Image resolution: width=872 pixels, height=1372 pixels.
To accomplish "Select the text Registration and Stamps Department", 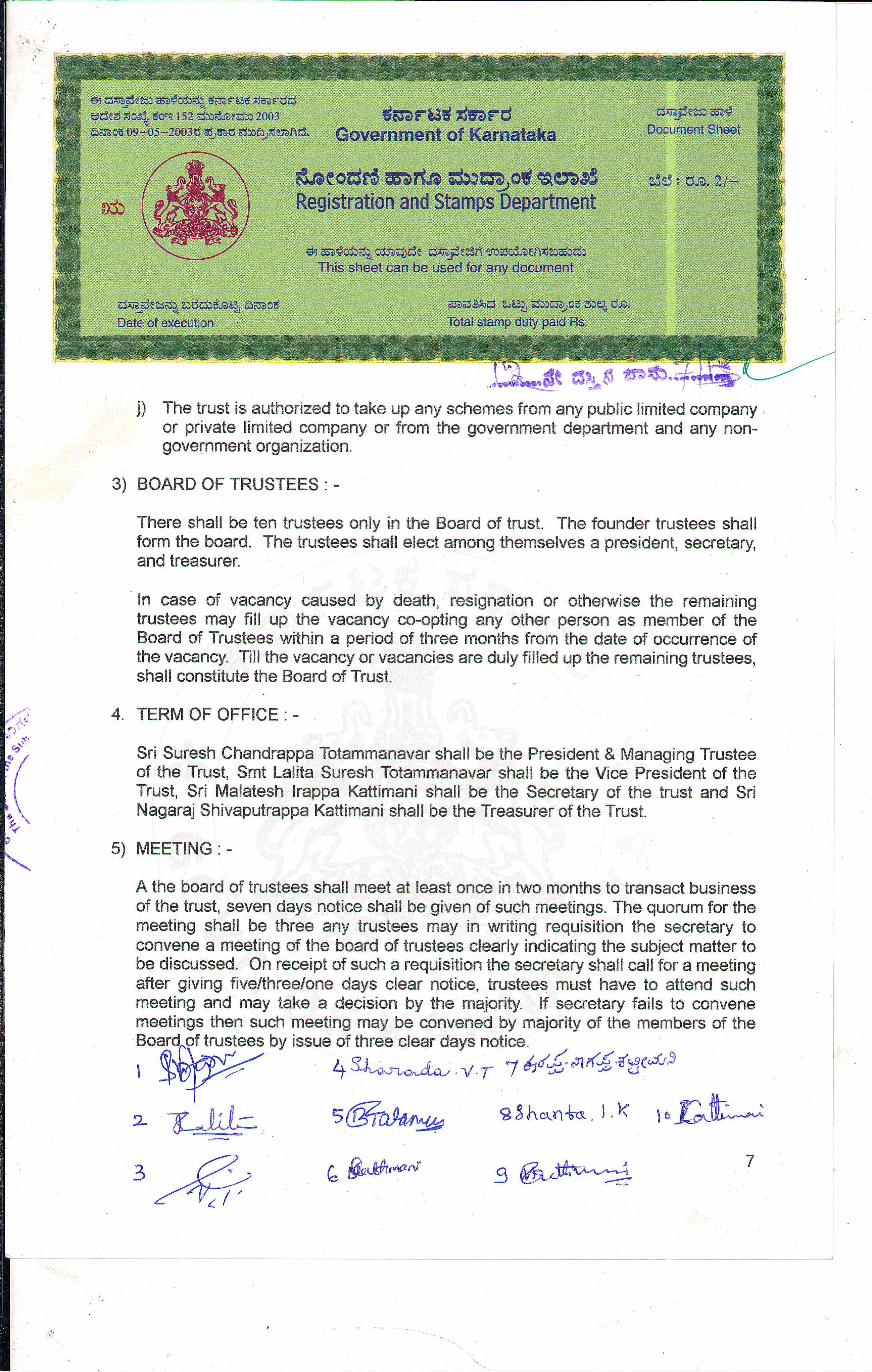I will pyautogui.click(x=445, y=202).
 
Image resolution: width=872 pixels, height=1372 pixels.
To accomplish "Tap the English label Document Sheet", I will pyautogui.click(x=693, y=129).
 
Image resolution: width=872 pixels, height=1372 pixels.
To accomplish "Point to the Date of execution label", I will pyautogui.click(x=165, y=322).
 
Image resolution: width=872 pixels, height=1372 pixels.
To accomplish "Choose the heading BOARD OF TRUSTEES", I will pyautogui.click(x=228, y=484).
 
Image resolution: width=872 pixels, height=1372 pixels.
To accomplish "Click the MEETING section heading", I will pyautogui.click(x=174, y=849).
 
